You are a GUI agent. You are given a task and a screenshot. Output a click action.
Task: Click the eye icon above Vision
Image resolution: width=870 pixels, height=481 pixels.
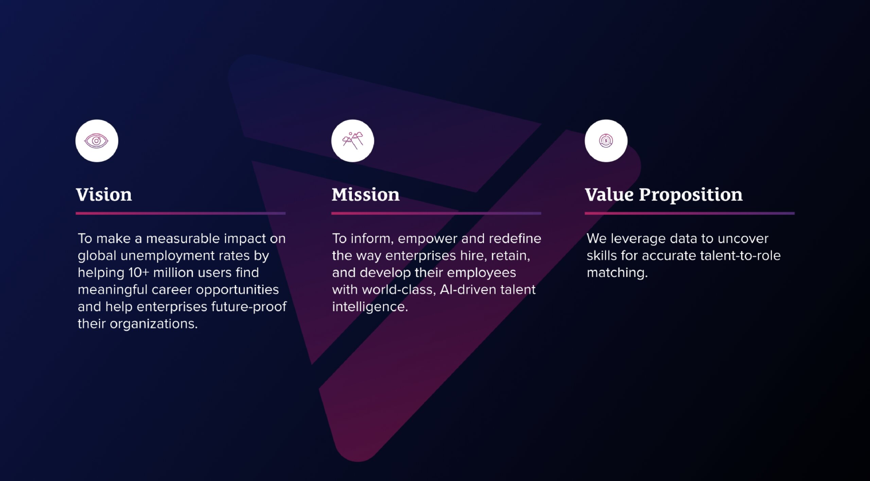(x=97, y=141)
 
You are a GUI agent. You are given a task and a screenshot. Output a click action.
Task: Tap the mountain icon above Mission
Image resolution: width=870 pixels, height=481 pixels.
(x=352, y=140)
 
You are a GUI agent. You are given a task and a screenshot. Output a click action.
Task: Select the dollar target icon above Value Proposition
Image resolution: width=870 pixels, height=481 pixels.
(x=606, y=141)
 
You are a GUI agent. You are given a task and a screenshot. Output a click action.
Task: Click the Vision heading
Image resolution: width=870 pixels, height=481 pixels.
(x=104, y=195)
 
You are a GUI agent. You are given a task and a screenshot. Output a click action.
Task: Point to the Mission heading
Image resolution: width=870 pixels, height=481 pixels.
(x=365, y=195)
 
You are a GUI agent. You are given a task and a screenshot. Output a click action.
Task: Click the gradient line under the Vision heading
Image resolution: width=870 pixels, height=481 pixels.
(x=180, y=213)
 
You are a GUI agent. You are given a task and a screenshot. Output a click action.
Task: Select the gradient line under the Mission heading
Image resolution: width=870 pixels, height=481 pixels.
(x=436, y=213)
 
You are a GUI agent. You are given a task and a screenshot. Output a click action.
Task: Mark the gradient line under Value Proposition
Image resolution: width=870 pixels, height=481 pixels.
(x=690, y=213)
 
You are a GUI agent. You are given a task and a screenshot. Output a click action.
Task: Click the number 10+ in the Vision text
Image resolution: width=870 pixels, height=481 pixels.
(x=139, y=273)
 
